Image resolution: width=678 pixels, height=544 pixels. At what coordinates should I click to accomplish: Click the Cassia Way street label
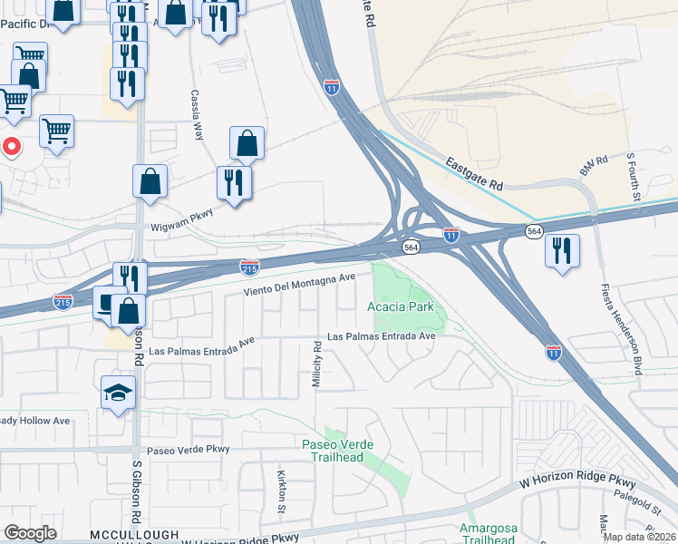pyautogui.click(x=198, y=113)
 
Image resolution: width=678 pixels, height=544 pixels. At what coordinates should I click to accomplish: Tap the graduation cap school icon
pyautogui.click(x=118, y=393)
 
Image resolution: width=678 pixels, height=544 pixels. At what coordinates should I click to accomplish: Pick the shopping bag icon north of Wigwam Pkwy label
pyautogui.click(x=150, y=180)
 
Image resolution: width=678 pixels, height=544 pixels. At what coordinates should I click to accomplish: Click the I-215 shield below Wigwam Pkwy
pyautogui.click(x=250, y=267)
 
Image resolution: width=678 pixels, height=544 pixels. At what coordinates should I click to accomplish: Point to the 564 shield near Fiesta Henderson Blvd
pyautogui.click(x=534, y=233)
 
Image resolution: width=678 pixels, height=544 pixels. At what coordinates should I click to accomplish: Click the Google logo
pyautogui.click(x=31, y=533)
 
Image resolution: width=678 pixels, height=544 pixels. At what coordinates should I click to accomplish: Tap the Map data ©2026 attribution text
pyautogui.click(x=638, y=537)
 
